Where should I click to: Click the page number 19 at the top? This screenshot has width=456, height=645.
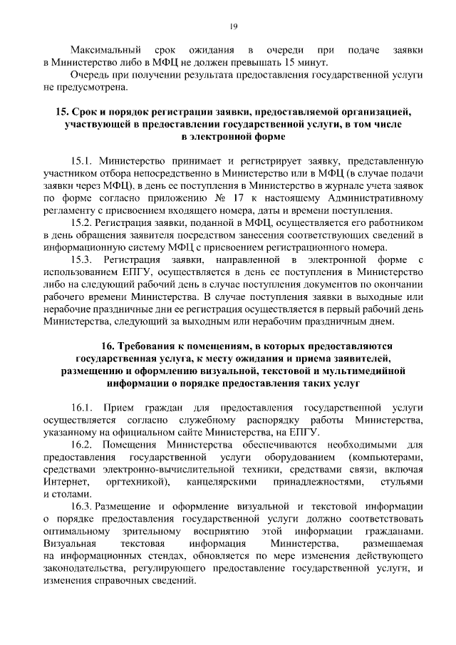click(232, 27)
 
